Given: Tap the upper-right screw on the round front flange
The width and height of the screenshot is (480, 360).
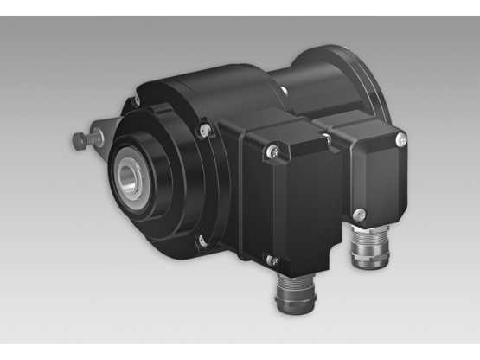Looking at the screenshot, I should click(204, 132).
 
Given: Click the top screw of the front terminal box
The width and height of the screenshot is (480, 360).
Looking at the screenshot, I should click(273, 153).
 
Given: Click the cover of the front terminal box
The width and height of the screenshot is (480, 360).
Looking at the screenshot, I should click(285, 203).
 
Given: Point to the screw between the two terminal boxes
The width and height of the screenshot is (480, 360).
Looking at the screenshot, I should click(324, 136).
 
